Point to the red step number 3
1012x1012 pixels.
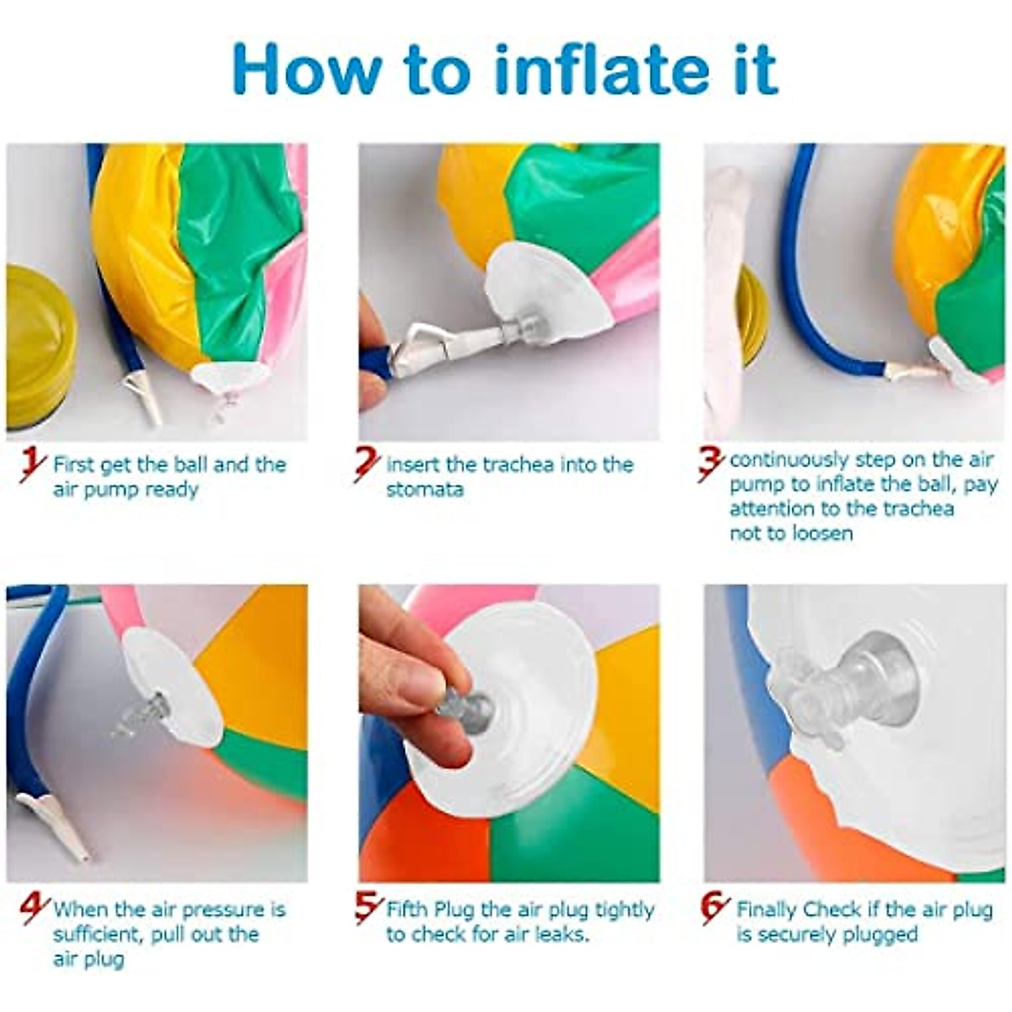pyautogui.click(x=711, y=463)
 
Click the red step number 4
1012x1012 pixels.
pyautogui.click(x=35, y=909)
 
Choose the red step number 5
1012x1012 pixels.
pyautogui.click(x=369, y=908)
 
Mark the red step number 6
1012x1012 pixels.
pyautogui.click(x=714, y=908)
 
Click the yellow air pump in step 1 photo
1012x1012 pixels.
pyautogui.click(x=38, y=346)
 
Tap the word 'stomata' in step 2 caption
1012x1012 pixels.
pyautogui.click(x=425, y=490)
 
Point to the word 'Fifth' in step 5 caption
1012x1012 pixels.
pyautogui.click(x=408, y=910)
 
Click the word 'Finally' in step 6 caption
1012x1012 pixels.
pyautogui.click(x=767, y=910)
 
